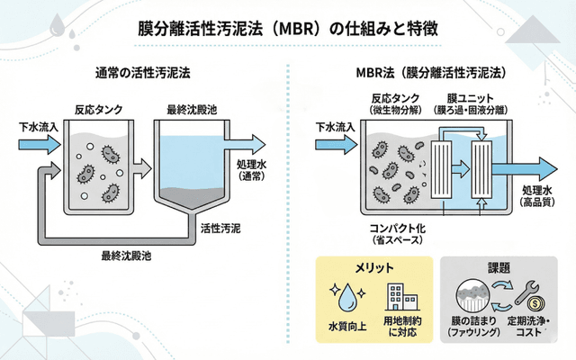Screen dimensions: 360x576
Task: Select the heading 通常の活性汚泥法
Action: (144, 71)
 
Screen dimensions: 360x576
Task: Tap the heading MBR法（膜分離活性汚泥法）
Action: (430, 71)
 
